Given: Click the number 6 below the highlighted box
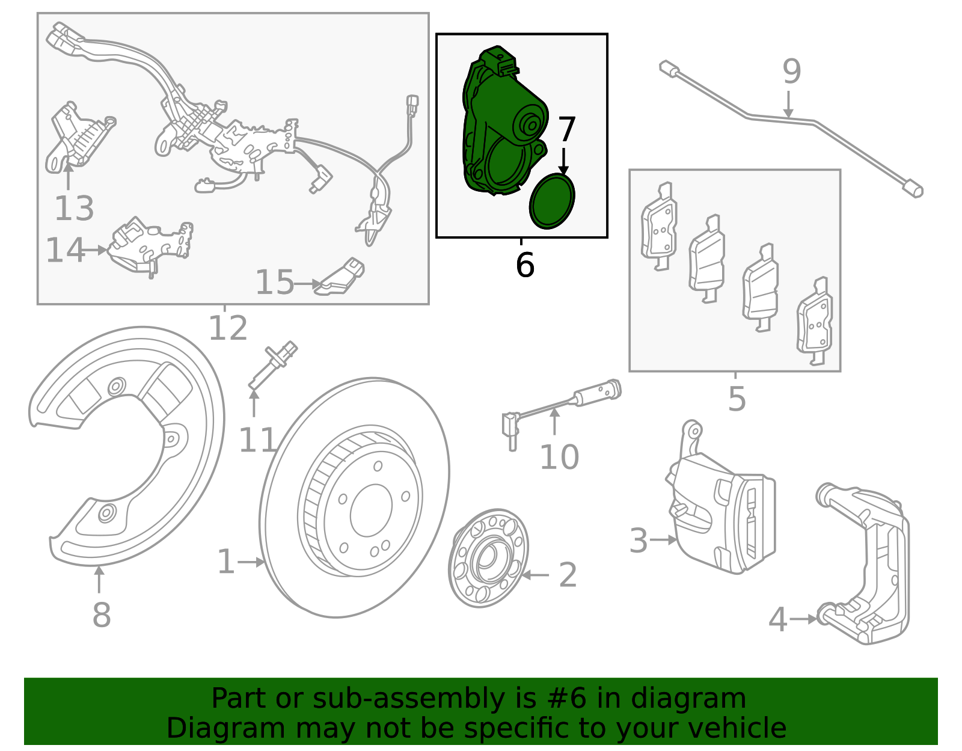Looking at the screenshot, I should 525,265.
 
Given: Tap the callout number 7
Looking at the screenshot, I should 566,130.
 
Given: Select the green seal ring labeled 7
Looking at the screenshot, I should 552,201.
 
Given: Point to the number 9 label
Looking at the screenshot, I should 792,72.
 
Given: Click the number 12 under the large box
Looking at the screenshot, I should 228,328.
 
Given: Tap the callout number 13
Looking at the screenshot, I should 74,209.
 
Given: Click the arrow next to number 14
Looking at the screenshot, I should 97,250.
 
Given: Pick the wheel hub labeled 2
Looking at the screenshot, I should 488,558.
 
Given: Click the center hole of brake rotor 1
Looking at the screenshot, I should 371,510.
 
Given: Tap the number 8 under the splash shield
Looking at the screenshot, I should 102,615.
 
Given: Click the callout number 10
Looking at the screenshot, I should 559,458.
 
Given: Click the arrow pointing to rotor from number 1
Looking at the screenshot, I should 252,562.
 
